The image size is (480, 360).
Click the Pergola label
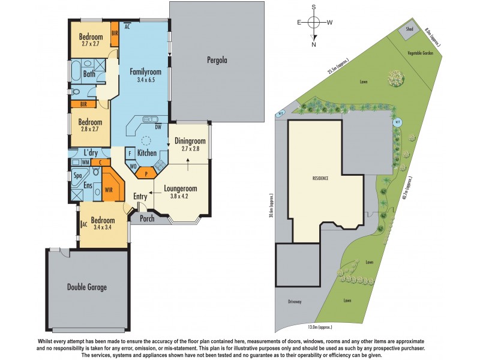[217, 59]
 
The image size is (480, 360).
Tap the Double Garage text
[86, 287]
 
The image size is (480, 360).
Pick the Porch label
[146, 218]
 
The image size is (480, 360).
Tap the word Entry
[140, 196]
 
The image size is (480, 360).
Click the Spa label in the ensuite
[77, 176]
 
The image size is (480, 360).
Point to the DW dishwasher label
[158, 127]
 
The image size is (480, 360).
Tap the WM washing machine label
[85, 162]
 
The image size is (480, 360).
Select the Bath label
[89, 74]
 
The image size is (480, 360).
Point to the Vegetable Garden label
[421, 53]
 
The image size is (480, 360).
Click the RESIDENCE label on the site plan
[320, 179]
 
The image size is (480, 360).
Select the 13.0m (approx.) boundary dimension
[320, 328]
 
